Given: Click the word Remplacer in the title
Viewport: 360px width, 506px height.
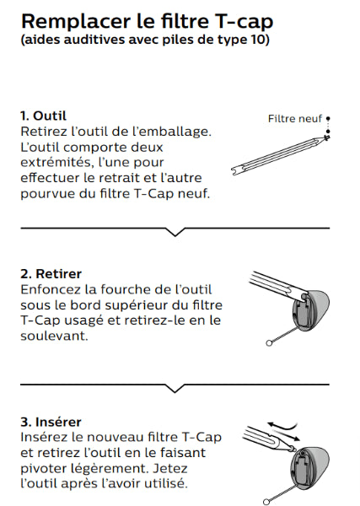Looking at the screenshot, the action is point(76,22).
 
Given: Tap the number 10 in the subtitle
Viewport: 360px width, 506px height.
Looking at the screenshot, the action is point(258,40).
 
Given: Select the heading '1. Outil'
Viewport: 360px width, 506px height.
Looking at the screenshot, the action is point(43,116).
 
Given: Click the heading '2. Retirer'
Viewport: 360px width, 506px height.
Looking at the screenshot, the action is point(51,273).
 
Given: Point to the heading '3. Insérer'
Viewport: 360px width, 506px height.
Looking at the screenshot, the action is point(51,422).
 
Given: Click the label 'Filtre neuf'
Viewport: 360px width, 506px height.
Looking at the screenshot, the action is point(295,118).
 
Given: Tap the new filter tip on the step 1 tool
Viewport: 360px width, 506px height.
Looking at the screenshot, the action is point(327,137).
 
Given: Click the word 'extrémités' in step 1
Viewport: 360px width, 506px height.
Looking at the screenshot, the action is point(56,162).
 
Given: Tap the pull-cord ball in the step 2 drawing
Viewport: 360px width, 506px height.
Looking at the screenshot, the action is point(269,343).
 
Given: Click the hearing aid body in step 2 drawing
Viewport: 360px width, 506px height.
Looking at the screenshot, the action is point(310,310).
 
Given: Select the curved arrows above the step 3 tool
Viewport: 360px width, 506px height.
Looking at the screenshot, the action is point(283,430).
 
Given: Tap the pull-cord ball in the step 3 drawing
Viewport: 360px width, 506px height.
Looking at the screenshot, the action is point(266,502).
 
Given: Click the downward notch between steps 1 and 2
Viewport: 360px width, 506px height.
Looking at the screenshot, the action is point(175,232).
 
